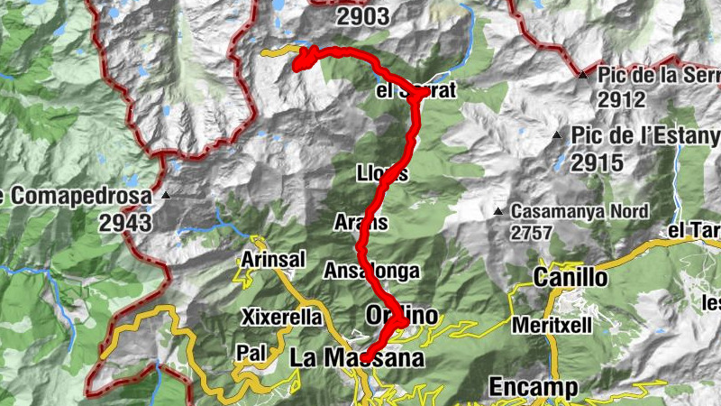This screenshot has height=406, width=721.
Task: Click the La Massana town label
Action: click(x=356, y=358)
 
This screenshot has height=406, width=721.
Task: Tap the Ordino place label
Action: click(x=402, y=315)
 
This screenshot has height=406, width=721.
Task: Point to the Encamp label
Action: click(x=533, y=386)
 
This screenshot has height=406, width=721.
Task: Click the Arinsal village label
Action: click(x=270, y=260)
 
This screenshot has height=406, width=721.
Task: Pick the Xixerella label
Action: click(x=281, y=317)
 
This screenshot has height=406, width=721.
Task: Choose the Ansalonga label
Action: click(x=372, y=270)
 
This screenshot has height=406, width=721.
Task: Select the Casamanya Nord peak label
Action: click(x=580, y=211)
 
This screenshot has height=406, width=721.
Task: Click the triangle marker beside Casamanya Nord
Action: click(x=497, y=212)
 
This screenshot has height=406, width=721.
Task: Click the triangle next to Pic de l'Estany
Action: click(x=557, y=136)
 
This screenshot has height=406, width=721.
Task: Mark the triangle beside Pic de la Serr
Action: click(x=583, y=75)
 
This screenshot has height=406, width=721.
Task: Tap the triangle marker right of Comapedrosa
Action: click(x=166, y=194)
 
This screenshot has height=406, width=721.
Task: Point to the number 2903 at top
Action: click(x=362, y=15)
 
